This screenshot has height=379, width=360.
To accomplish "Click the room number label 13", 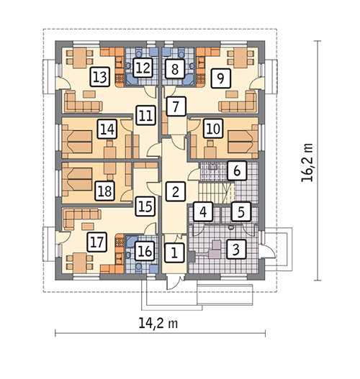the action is [x=100, y=77].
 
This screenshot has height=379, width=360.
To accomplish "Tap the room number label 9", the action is [x=220, y=78].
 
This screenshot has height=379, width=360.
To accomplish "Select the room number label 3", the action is [x=236, y=249].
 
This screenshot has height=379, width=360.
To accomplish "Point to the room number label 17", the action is [x=96, y=242].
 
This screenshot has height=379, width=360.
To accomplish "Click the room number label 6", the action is [x=237, y=170].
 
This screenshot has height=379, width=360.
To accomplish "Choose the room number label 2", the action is [x=176, y=192].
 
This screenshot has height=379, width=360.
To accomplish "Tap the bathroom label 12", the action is [x=143, y=68].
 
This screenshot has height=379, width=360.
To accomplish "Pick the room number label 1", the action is [x=174, y=253].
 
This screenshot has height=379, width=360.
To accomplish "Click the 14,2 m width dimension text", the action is [x=158, y=323].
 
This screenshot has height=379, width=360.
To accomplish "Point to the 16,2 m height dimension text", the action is [x=307, y=163].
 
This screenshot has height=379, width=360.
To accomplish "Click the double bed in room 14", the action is [x=77, y=142].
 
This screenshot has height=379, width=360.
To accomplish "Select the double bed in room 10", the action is [x=243, y=142].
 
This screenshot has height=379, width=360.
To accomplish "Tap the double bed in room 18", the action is [x=77, y=179].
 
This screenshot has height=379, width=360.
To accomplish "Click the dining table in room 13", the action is [x=80, y=58].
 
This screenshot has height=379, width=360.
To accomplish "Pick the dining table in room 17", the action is [x=80, y=263].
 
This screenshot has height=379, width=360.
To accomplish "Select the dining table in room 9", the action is [x=240, y=58].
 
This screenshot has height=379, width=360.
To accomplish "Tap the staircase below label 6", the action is [x=217, y=193].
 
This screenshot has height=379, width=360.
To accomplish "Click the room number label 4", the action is [x=203, y=211].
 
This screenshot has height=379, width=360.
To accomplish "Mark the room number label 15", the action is [x=145, y=206].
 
